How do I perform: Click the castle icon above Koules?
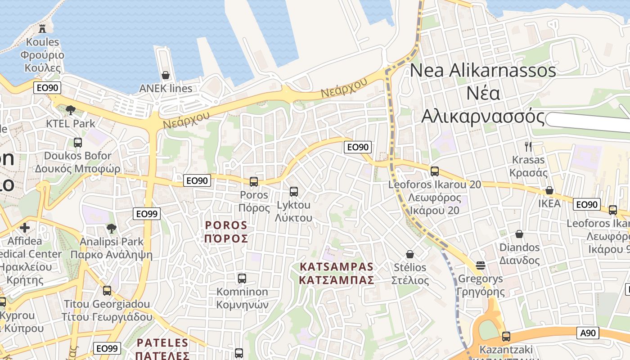pyautogui.click(x=42, y=29)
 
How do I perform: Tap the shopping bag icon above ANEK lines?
pyautogui.click(x=166, y=75)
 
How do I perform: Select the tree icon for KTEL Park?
pyautogui.click(x=70, y=110)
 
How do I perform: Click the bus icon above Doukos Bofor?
pyautogui.click(x=78, y=143)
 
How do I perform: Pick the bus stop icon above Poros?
pyautogui.click(x=254, y=182)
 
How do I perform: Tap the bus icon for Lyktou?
pyautogui.click(x=294, y=192)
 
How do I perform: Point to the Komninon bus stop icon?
pyautogui.click(x=242, y=279)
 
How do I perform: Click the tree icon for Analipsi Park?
pyautogui.click(x=111, y=229)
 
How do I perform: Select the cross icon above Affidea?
pyautogui.click(x=25, y=228)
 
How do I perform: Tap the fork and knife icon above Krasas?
pyautogui.click(x=528, y=146)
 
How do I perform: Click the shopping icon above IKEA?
pyautogui.click(x=549, y=190)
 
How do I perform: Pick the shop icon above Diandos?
pyautogui.click(x=519, y=234)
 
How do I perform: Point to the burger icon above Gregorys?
pyautogui.click(x=481, y=265)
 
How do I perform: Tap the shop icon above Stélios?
pyautogui.click(x=409, y=254)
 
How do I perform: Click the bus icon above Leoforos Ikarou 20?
pyautogui.click(x=434, y=171)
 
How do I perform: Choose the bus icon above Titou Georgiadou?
pyautogui.click(x=107, y=291)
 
